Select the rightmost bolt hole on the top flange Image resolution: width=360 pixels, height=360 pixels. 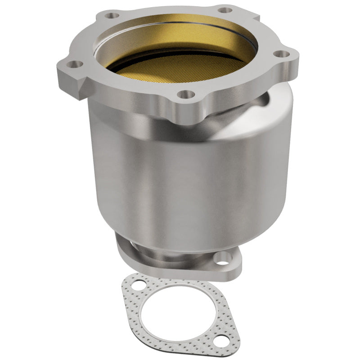tap(282, 54)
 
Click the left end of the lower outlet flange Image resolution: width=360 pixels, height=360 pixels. tap(121, 252)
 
